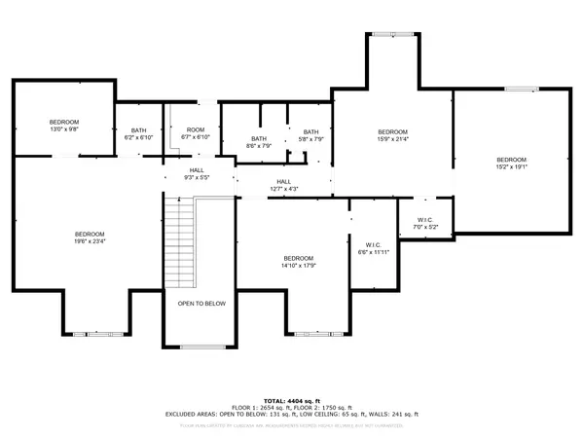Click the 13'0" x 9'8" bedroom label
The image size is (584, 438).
pyautogui.click(x=63, y=126)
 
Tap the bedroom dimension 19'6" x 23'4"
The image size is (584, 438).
pyautogui.click(x=90, y=238)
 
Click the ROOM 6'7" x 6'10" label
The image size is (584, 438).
pyautogui.click(x=196, y=134)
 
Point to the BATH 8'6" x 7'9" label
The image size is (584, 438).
pyautogui.click(x=258, y=142)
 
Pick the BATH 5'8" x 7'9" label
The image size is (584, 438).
pyautogui.click(x=310, y=136)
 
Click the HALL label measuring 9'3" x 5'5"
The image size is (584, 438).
pyautogui.click(x=197, y=174)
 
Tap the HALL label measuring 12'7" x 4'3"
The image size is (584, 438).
pyautogui.click(x=283, y=185)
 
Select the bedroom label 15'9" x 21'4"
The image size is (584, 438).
pyautogui.click(x=392, y=135)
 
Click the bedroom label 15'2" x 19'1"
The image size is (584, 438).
pyautogui.click(x=511, y=164)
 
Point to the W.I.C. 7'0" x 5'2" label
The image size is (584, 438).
pyautogui.click(x=424, y=224)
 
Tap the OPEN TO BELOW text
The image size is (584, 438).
pyautogui.click(x=201, y=304)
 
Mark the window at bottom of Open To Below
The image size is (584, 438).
pyautogui.click(x=201, y=347)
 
